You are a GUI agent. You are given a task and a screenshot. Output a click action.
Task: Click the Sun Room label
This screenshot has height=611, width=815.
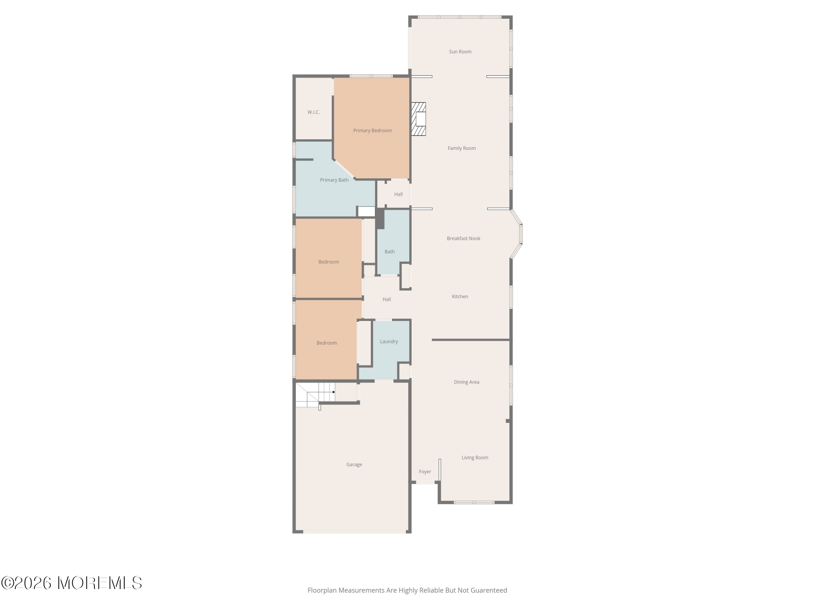pos(460,52)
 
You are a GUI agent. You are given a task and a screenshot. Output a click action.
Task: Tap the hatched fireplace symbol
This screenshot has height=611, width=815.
pos(419,119)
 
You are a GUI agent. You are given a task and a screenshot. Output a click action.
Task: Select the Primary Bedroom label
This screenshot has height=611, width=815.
pos(372,131)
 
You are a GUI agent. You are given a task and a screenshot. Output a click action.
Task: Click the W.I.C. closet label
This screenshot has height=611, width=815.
pos(313,112)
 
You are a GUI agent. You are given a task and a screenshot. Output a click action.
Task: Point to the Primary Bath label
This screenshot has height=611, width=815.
pos(334,180)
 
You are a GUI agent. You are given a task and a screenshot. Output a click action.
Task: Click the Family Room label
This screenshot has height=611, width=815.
pos(462,148)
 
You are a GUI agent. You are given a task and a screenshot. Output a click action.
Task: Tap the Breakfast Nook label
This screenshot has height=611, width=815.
pos(463,238)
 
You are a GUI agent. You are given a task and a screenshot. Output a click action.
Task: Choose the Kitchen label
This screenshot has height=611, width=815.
pos(460,297)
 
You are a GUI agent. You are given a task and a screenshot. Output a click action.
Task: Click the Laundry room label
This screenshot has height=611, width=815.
pos(389,342)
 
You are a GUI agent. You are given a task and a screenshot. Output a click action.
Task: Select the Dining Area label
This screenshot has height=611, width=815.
pos(467,382)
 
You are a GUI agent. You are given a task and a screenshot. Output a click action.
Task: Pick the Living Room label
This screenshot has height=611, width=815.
pos(475,458)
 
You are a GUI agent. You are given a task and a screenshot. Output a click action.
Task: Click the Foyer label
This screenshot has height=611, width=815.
pos(425,472)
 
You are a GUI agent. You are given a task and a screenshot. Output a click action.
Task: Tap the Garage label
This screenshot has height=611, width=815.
pos(354,465)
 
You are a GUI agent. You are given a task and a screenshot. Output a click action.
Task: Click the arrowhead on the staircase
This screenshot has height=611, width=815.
pos(334,392)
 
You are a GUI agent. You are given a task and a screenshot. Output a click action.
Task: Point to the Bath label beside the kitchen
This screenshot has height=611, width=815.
pos(390,252)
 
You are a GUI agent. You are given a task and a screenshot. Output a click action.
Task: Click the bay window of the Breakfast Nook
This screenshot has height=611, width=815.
pos(517,234)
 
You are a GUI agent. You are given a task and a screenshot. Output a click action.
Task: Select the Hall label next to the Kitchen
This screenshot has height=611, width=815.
pos(387,299)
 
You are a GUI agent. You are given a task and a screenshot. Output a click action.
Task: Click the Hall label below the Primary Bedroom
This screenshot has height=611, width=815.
pos(399,194)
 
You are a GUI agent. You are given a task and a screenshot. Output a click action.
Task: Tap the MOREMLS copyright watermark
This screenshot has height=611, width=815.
pos(71,583)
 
